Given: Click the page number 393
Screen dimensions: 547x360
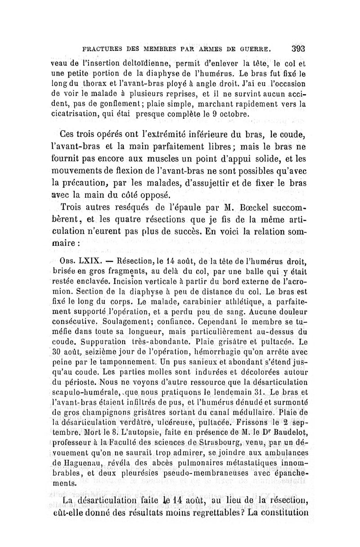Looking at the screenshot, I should [298, 49].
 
